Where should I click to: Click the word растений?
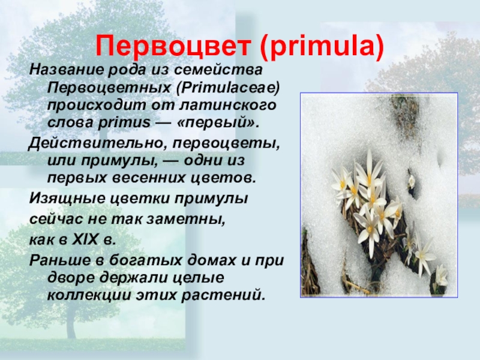coord(229,296)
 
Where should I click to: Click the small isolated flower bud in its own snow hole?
coord(412,180)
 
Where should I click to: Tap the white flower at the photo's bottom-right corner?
coord(441,277)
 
